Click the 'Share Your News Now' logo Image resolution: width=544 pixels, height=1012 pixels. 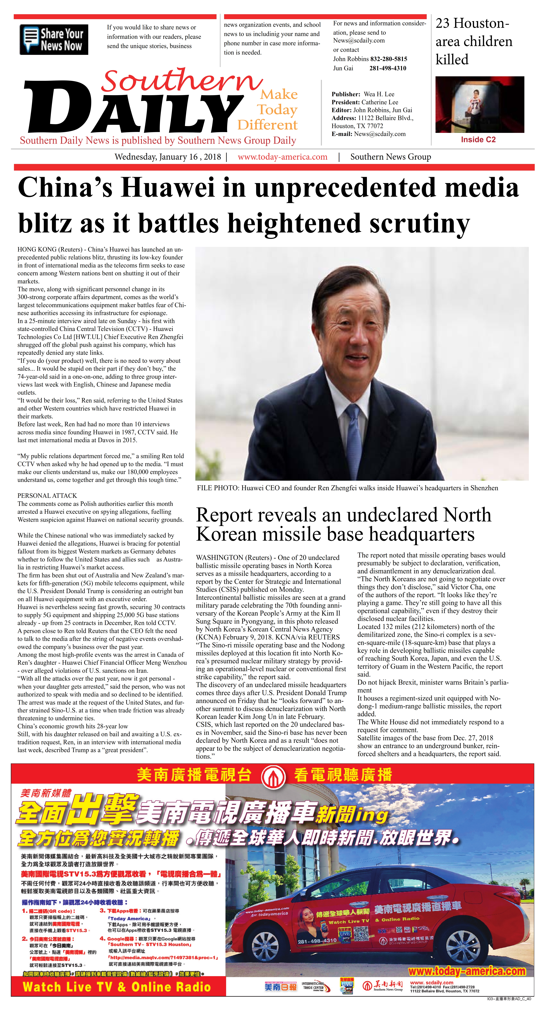(x=54, y=39)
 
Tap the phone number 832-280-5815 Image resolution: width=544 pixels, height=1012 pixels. (x=388, y=59)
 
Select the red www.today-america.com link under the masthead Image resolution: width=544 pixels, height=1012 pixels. (x=282, y=157)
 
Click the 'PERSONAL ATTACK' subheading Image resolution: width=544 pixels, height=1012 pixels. (x=47, y=496)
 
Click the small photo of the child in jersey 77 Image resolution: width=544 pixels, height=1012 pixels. (x=480, y=104)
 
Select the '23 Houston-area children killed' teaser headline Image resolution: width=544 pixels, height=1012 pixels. (x=474, y=41)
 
